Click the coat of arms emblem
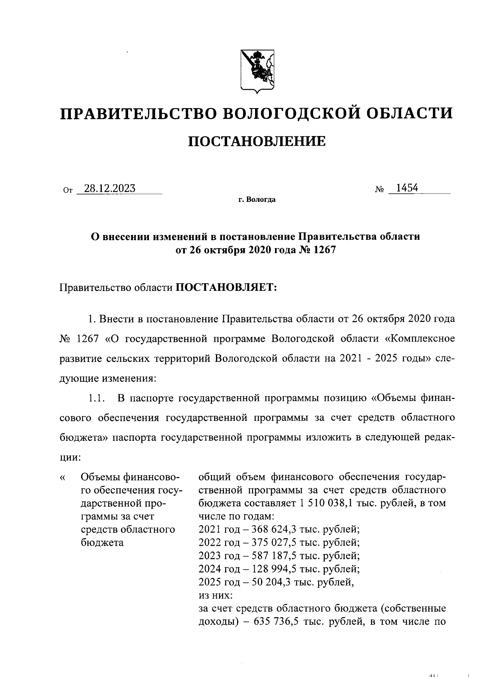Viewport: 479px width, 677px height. coord(257,71)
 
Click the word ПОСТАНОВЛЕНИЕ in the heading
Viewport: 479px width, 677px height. coord(257,141)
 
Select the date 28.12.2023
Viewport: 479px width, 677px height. coord(107,188)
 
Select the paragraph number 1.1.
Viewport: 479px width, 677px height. coord(96,398)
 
